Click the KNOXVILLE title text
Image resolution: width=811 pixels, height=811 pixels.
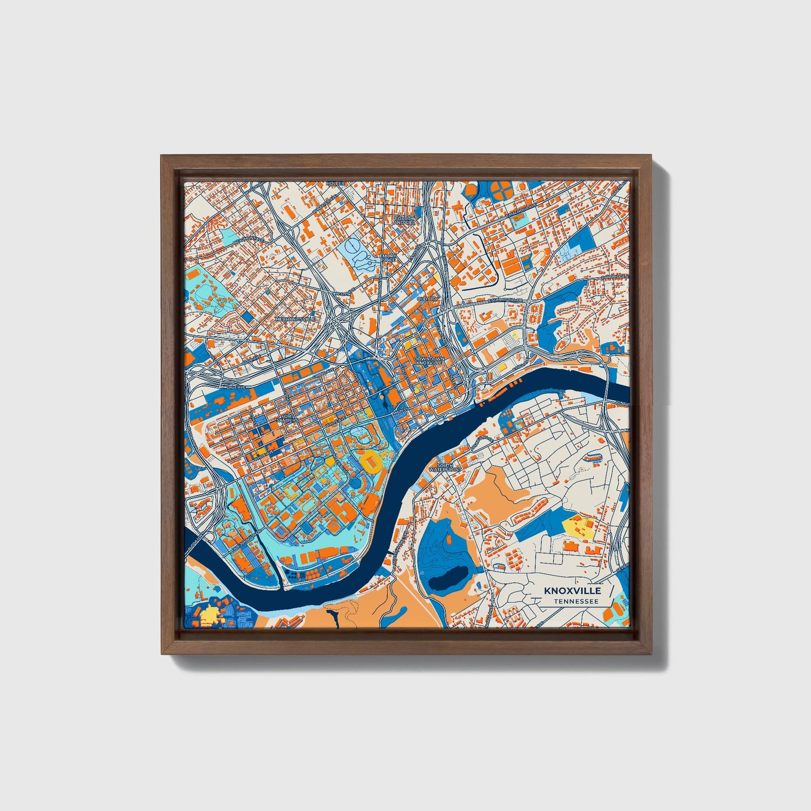pos(572,591)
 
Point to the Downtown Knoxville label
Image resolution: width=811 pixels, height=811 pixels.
pos(429,360)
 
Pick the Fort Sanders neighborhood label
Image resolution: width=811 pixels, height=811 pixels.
pos(287,419)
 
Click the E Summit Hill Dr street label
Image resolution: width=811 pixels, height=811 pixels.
pos(505,300)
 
